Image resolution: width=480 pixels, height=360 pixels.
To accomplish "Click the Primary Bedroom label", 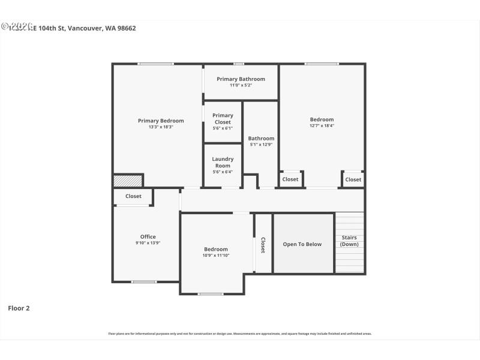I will pyautogui.click(x=161, y=121).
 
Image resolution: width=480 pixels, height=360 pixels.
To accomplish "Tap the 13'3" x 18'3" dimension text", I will pyautogui.click(x=161, y=127).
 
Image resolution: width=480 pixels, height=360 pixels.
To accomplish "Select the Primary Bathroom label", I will pyautogui.click(x=241, y=79).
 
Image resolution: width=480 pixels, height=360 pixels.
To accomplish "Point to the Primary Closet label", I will pyautogui.click(x=223, y=119).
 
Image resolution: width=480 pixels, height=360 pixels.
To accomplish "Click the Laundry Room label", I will pyautogui.click(x=223, y=163).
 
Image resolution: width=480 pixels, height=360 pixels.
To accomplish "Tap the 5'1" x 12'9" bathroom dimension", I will pyautogui.click(x=261, y=145).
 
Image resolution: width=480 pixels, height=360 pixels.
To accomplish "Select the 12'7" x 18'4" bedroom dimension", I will pyautogui.click(x=322, y=125).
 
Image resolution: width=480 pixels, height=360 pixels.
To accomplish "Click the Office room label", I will pyautogui.click(x=148, y=236).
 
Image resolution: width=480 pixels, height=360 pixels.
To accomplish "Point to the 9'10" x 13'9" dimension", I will pyautogui.click(x=148, y=243).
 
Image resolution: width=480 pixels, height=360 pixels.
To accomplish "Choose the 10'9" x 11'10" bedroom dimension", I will pyautogui.click(x=216, y=256).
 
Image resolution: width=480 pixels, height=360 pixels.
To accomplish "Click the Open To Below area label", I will pyautogui.click(x=302, y=244).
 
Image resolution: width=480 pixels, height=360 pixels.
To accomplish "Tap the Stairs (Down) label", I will pyautogui.click(x=349, y=241).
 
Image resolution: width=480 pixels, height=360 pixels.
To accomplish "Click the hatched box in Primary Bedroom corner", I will pyautogui.click(x=128, y=180).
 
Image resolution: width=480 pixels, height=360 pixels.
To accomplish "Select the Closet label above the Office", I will pyautogui.click(x=133, y=196).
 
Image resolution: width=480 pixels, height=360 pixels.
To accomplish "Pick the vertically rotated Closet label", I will pyautogui.click(x=263, y=245).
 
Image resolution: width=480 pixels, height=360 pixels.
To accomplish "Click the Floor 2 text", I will pyautogui.click(x=19, y=308).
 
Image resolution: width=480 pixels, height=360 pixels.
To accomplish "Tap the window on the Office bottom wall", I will pyautogui.click(x=144, y=281).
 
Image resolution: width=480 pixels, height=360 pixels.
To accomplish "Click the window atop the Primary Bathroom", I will pyautogui.click(x=239, y=64).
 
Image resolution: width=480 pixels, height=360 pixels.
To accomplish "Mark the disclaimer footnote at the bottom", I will pyautogui.click(x=240, y=334).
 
